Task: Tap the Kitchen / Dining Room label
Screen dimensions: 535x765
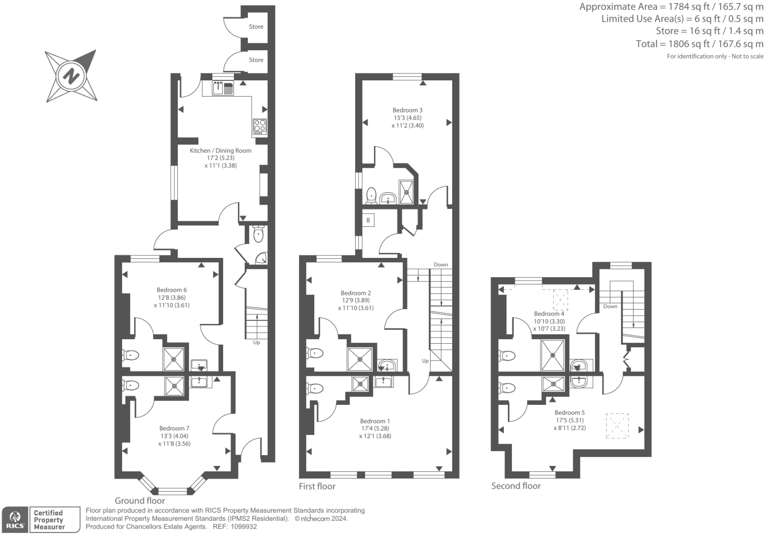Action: pyautogui.click(x=221, y=150)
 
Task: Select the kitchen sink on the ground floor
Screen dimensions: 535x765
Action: pyautogui.click(x=218, y=88)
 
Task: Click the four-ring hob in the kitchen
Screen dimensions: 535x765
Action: pyautogui.click(x=260, y=127)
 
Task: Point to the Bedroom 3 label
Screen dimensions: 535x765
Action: pyautogui.click(x=407, y=110)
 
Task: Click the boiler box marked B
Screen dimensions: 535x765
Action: pyautogui.click(x=368, y=220)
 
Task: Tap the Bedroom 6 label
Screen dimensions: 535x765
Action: pyautogui.click(x=171, y=290)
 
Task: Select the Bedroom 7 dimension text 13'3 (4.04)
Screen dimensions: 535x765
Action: pyautogui.click(x=174, y=436)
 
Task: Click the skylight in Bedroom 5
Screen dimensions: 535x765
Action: pyautogui.click(x=617, y=426)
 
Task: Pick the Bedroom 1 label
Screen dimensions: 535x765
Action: pyautogui.click(x=375, y=421)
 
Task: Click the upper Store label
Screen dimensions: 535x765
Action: pyautogui.click(x=256, y=27)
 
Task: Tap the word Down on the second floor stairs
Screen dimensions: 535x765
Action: pyautogui.click(x=610, y=306)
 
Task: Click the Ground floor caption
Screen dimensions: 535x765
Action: pyautogui.click(x=140, y=500)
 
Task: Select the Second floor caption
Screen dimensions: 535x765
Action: pyautogui.click(x=516, y=486)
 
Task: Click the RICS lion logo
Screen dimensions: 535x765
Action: pyautogui.click(x=16, y=519)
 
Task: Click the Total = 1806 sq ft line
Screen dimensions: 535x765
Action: pyautogui.click(x=699, y=44)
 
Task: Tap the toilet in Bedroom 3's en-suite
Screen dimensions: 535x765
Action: pyautogui.click(x=371, y=195)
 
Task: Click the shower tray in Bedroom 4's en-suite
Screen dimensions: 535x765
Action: pyautogui.click(x=553, y=355)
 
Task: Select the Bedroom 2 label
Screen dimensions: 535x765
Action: pyautogui.click(x=356, y=293)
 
